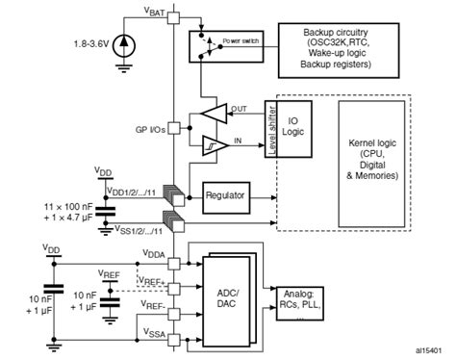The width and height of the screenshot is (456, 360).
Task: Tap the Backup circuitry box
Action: tap(342, 51)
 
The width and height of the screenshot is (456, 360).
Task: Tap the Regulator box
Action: tap(225, 195)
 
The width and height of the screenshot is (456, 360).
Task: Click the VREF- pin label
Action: tap(153, 304)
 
